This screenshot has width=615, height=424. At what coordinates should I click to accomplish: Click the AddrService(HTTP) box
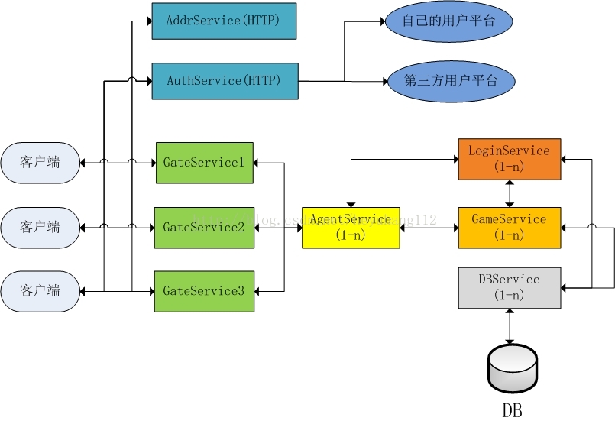(224, 21)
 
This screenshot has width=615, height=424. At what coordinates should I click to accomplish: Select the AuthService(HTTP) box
(224, 80)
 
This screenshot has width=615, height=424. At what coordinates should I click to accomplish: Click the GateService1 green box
(204, 163)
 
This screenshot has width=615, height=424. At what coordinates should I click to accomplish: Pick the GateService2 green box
(204, 227)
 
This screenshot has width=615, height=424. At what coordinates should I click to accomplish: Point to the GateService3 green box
(204, 291)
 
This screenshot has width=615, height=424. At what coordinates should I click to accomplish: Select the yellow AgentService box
(351, 227)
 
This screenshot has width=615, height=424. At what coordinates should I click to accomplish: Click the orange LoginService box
(510, 159)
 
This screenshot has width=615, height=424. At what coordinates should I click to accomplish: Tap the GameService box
(510, 227)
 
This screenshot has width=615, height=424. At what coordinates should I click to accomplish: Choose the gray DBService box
(510, 287)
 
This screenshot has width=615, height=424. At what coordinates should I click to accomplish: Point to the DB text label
(512, 410)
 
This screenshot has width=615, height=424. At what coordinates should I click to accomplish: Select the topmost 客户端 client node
(40, 163)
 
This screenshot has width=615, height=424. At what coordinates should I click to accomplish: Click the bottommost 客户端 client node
(40, 291)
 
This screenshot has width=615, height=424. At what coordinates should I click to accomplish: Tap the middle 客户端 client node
(40, 227)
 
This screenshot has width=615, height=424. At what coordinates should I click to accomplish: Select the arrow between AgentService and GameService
(429, 227)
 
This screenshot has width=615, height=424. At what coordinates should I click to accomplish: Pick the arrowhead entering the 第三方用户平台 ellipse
(382, 80)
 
